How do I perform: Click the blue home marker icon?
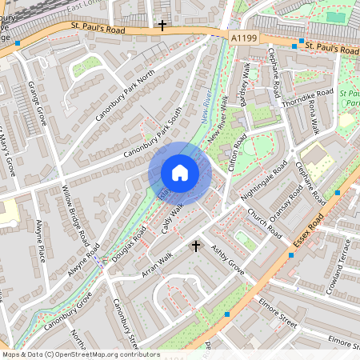[180, 172]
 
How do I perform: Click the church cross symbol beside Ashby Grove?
[196, 246]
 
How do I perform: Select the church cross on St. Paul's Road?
[162, 26]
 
